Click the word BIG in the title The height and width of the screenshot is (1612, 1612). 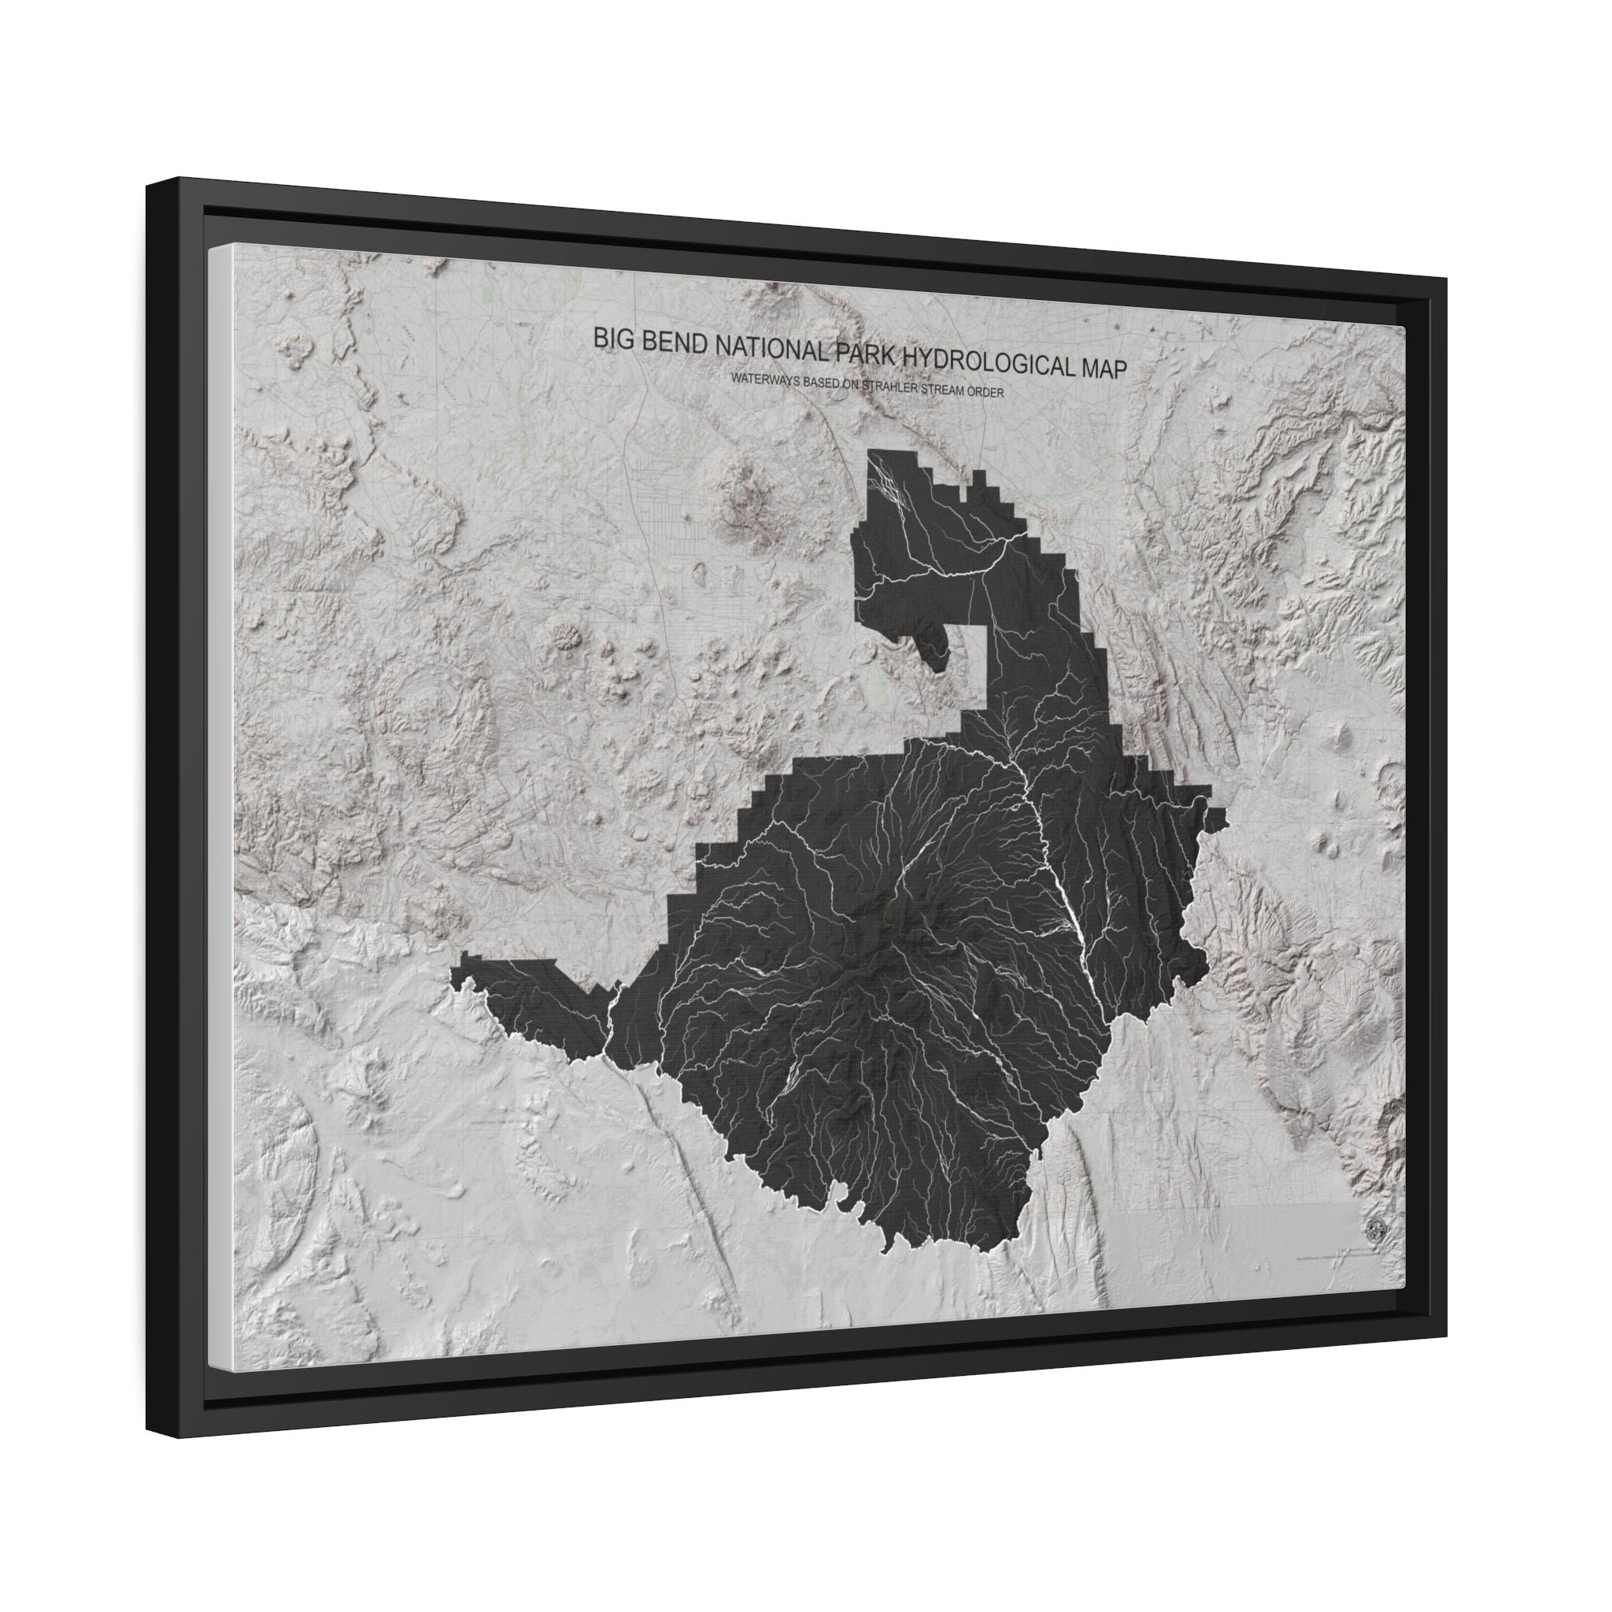point(609,338)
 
